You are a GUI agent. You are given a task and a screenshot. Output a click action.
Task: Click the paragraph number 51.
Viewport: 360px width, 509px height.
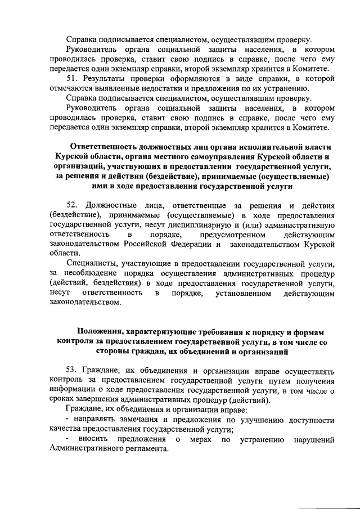[71, 78]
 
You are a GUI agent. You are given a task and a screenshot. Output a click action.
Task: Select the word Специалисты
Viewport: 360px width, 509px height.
[92, 264]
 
